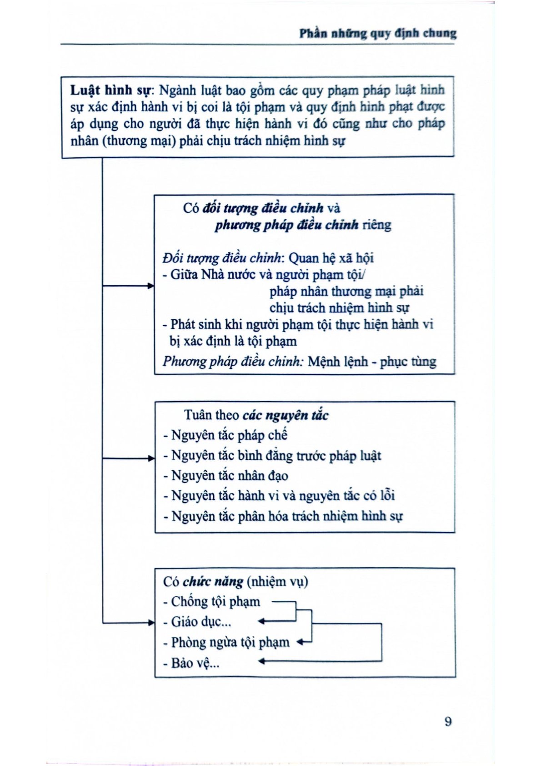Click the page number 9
point(448,721)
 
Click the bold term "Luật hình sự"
point(110,90)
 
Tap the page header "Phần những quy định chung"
point(378,33)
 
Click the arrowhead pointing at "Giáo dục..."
point(261,621)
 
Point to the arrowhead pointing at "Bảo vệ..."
point(261,661)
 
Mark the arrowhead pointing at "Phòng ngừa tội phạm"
point(300,642)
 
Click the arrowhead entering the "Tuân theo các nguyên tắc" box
point(151,459)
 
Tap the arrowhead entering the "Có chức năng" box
point(151,622)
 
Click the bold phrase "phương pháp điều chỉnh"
point(286,225)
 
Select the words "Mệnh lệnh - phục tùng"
point(371,362)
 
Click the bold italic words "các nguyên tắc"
point(285,415)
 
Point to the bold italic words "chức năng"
point(213,582)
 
